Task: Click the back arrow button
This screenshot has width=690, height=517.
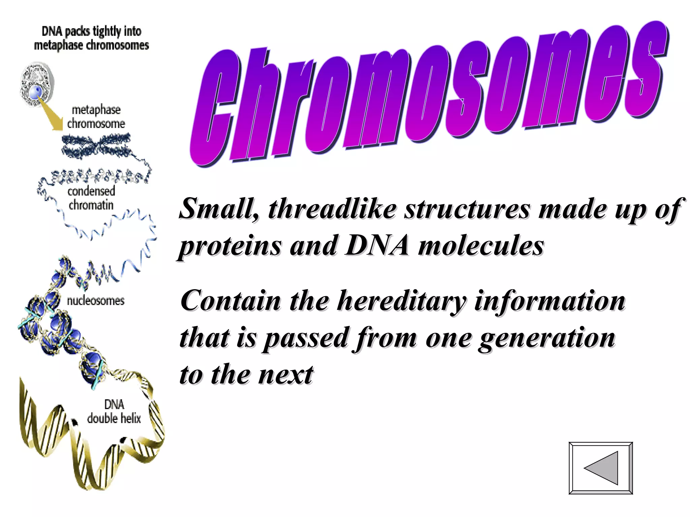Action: pyautogui.click(x=601, y=468)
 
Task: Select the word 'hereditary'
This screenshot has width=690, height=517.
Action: pyautogui.click(x=402, y=301)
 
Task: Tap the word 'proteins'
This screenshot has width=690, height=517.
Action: pyautogui.click(x=230, y=246)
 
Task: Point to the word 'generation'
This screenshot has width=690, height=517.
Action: pyautogui.click(x=547, y=338)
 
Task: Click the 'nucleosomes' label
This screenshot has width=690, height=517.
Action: pyautogui.click(x=96, y=301)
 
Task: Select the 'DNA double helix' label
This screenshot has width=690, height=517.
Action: pyautogui.click(x=114, y=412)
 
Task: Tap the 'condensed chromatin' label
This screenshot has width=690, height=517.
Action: pyautogui.click(x=91, y=198)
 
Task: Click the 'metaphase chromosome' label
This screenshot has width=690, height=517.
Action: pyautogui.click(x=96, y=117)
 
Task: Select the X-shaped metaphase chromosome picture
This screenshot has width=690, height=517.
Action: pyautogui.click(x=96, y=145)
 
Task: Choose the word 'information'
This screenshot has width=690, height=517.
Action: pyautogui.click(x=550, y=301)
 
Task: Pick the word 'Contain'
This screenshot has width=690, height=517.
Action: pyautogui.click(x=230, y=301)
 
